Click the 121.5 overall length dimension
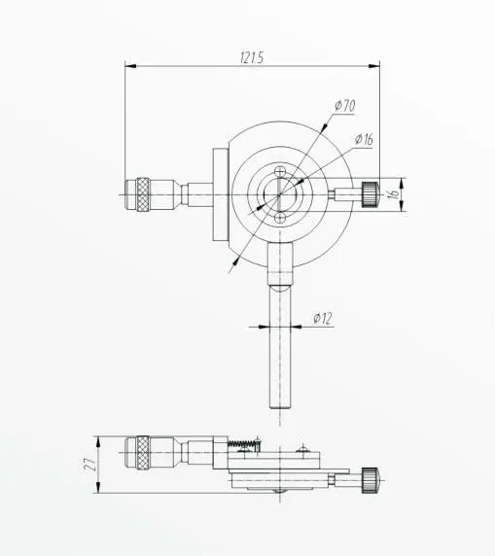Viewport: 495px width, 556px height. [x=251, y=56]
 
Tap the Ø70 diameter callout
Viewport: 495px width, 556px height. [x=347, y=105]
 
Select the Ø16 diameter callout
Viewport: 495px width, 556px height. [x=365, y=139]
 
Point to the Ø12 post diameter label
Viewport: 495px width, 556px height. [x=324, y=317]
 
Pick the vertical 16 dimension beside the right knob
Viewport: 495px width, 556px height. [x=393, y=192]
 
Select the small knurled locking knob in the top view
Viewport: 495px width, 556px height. [x=370, y=192]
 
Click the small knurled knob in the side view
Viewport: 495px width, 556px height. [x=370, y=477]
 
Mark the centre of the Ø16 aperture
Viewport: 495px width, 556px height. [x=281, y=193]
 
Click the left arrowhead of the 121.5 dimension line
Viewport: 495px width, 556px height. [x=128, y=67]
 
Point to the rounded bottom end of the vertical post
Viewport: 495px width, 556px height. [x=281, y=408]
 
